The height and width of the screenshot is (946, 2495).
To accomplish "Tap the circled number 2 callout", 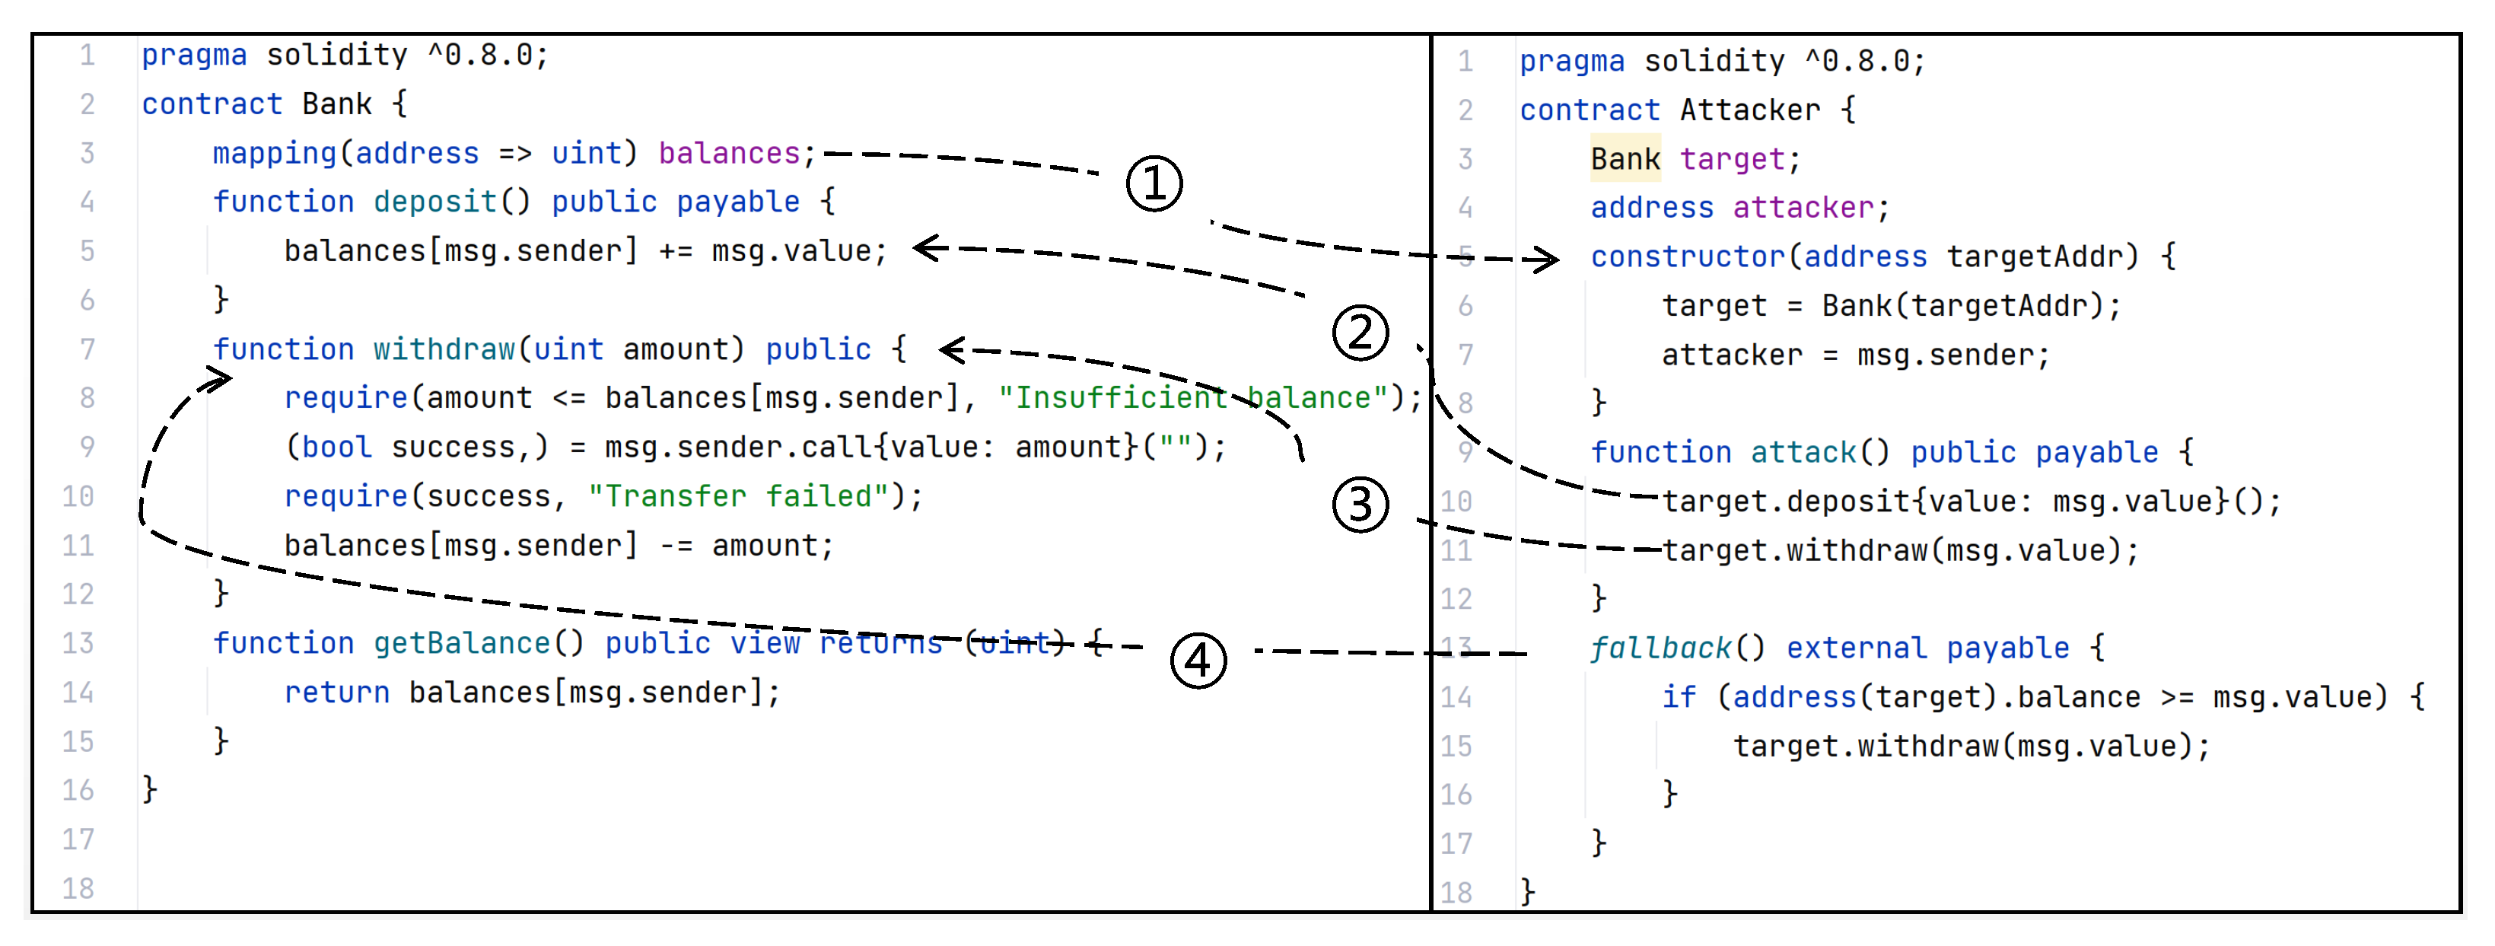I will [x=1360, y=332].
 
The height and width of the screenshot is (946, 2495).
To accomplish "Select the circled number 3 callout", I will [x=1360, y=505].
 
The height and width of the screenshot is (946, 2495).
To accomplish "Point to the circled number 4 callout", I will [x=1198, y=661].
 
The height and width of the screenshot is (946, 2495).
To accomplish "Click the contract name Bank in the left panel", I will [x=336, y=104].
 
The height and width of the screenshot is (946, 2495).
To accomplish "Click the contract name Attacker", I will [x=1749, y=110].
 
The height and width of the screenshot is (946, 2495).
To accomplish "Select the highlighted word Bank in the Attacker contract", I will [x=1625, y=159].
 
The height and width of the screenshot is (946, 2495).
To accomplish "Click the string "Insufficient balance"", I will [x=1193, y=398].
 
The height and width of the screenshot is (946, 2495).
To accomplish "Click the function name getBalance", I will [x=461, y=644].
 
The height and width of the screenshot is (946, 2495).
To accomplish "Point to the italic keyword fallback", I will [x=1660, y=648].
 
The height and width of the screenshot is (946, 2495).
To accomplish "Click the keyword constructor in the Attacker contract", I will [x=1686, y=256].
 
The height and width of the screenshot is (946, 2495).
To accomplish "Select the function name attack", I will [x=1803, y=452].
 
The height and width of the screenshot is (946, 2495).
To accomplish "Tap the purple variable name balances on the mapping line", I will [x=729, y=153].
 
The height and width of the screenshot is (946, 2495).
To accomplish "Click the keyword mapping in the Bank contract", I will [x=274, y=153].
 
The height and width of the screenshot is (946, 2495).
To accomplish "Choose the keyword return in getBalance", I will [x=336, y=693].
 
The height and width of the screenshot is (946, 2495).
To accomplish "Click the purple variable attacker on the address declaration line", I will [x=1803, y=207].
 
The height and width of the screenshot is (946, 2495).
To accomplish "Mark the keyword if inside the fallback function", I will [x=1679, y=697].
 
